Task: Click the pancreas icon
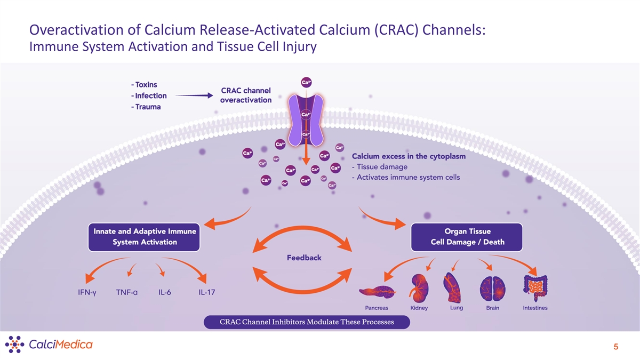[x=377, y=291]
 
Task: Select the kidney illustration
[x=418, y=286]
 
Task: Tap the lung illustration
[x=452, y=286]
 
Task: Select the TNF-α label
[x=127, y=292]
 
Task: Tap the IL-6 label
[x=164, y=292]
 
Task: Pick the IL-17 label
[x=207, y=292]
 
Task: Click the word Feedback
[x=304, y=258]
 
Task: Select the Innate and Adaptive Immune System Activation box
[x=145, y=237]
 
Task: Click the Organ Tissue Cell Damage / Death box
[x=467, y=237]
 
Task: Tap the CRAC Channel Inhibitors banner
[x=307, y=322]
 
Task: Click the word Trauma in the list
[x=146, y=107]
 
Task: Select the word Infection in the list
[x=149, y=96]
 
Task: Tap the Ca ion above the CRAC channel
[x=307, y=82]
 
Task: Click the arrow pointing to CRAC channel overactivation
[x=194, y=96]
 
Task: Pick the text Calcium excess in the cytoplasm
[x=409, y=156]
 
